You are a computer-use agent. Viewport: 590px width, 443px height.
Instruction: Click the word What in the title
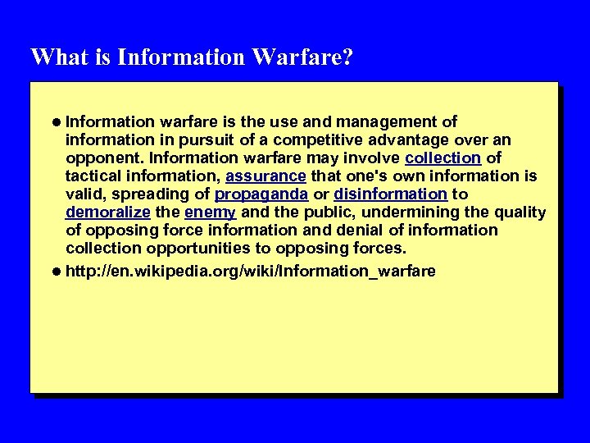(54, 57)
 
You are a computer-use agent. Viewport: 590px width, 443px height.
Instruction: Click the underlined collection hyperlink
(442, 158)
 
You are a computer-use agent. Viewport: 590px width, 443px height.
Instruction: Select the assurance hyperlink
(265, 176)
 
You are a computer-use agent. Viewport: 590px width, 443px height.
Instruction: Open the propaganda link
(261, 194)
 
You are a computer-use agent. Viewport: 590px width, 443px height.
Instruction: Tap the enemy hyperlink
(211, 212)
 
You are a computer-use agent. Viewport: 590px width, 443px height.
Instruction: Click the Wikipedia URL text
(250, 271)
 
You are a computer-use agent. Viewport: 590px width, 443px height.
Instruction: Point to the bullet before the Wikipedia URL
(55, 271)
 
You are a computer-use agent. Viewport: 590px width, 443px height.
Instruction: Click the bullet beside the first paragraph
(55, 121)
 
